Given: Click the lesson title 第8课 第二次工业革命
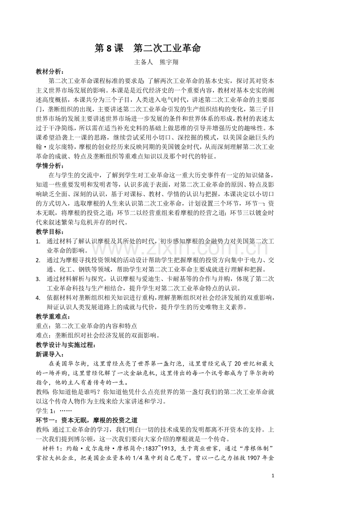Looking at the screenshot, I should (148, 48).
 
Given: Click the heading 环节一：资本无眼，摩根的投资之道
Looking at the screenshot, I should (86, 420).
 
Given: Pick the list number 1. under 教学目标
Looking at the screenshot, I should (38, 242).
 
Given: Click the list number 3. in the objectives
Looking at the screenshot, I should (38, 279).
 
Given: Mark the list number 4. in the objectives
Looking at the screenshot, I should (38, 298).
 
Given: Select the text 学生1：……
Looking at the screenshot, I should (54, 410).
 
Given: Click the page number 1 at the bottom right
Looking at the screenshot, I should (273, 476).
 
